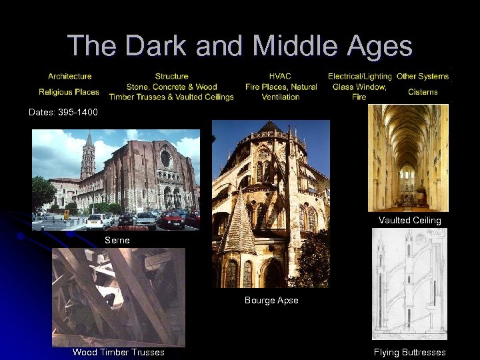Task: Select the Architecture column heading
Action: point(69,76)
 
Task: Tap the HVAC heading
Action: point(280,76)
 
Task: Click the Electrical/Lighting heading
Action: point(360,76)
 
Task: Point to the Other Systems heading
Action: point(423,76)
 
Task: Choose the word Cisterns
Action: point(423,91)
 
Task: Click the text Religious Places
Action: point(69,91)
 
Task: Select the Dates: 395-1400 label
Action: point(63,112)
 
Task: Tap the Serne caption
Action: point(117,239)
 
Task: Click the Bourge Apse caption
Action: point(271,300)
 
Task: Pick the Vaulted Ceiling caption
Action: point(409,220)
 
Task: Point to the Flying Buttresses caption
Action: point(409,352)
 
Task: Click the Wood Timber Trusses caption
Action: point(118,352)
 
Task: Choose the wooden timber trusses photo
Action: point(118,297)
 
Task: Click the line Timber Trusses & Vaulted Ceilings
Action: point(171,97)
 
